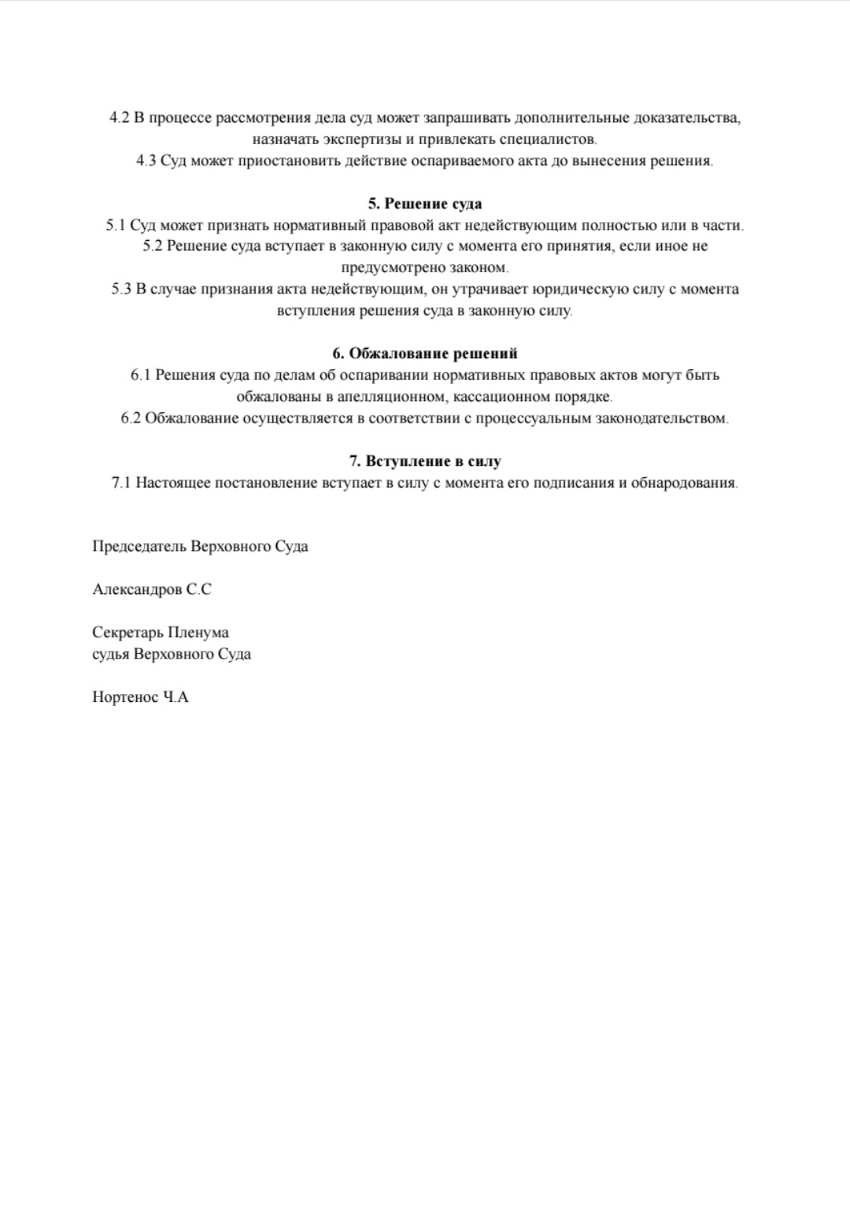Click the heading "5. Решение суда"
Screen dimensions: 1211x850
point(425,204)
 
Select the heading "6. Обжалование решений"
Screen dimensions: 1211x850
point(425,353)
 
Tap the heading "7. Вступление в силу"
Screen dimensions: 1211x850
point(425,461)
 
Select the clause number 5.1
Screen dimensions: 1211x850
point(116,226)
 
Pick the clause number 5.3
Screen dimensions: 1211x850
point(121,290)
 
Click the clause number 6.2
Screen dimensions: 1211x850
point(131,418)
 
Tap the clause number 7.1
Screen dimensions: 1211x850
point(121,483)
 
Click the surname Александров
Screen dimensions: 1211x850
point(137,589)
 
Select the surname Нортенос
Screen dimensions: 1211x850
point(125,697)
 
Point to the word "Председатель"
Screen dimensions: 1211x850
point(139,547)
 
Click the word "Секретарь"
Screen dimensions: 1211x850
point(127,633)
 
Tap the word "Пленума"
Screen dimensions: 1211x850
point(198,633)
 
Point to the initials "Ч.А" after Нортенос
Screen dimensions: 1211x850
point(176,697)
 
